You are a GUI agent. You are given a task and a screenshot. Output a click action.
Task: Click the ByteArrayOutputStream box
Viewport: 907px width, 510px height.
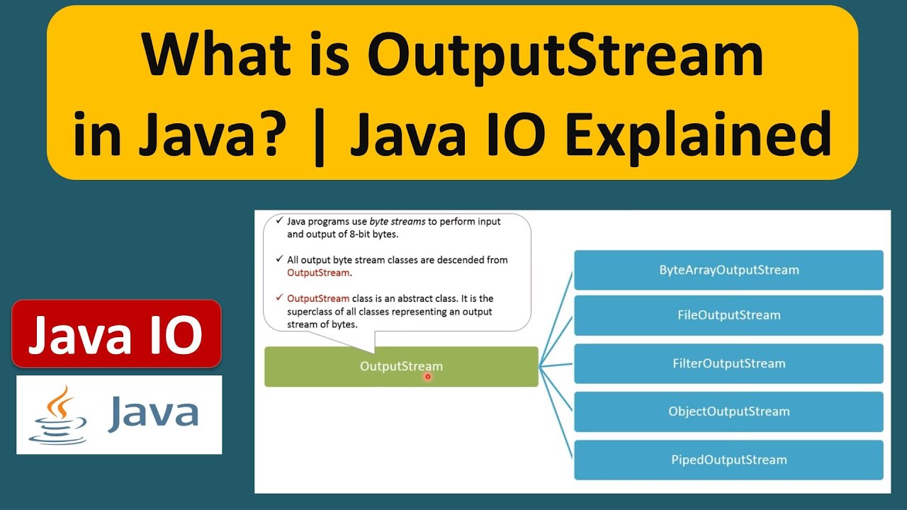[x=728, y=270]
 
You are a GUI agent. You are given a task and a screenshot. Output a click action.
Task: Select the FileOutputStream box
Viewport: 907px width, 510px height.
[x=728, y=315]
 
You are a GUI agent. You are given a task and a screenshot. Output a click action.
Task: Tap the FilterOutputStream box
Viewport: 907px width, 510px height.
[x=728, y=363]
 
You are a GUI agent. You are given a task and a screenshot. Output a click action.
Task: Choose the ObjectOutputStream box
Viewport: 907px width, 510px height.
[x=728, y=412]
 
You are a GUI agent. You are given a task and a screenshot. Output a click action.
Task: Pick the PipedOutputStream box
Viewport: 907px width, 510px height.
[x=728, y=460]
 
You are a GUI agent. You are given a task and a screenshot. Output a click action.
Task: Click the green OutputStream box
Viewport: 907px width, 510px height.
[x=401, y=366]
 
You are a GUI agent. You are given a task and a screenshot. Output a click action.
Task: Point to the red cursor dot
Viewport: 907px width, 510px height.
[x=427, y=377]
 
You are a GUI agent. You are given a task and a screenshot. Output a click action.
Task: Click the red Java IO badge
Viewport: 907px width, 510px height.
[x=116, y=334]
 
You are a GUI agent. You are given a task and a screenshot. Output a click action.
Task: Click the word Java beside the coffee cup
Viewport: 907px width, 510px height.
[x=153, y=413]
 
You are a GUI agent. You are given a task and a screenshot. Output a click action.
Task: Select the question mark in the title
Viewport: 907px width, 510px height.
[x=283, y=135]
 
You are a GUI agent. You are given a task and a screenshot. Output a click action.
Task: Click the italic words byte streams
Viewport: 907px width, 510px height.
[x=398, y=221]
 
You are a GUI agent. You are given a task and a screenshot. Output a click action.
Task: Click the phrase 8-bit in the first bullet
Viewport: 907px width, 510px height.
[x=346, y=234]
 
